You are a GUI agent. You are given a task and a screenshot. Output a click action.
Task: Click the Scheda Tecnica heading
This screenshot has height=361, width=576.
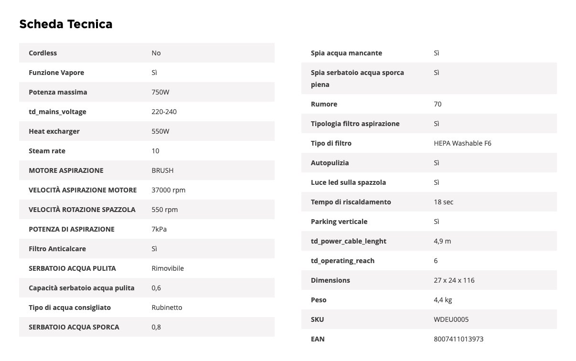coord(66,24)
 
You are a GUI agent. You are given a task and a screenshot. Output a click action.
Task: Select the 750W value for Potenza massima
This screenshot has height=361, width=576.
coord(160,92)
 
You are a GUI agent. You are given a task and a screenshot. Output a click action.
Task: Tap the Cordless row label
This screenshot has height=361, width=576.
coord(43,53)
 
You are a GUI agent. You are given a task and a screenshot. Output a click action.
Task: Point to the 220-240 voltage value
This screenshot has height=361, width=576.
coord(164,112)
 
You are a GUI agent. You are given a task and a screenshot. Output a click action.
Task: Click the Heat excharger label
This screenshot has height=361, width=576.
coord(54,131)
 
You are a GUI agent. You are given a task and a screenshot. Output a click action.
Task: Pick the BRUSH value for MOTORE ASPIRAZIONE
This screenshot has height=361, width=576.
coord(162,170)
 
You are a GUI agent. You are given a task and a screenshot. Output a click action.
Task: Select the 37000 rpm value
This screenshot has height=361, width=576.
coord(168,190)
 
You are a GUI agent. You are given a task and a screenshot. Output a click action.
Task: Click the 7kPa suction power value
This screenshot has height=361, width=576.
coord(159,229)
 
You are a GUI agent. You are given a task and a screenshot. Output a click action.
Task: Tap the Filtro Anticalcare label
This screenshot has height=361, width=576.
coord(57,249)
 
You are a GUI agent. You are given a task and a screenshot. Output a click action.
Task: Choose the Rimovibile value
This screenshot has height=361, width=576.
coord(168,268)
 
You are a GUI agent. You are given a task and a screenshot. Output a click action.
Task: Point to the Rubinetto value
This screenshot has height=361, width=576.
coord(167,308)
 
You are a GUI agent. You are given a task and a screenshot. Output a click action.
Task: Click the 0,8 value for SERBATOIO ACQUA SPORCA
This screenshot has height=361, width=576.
coord(156,327)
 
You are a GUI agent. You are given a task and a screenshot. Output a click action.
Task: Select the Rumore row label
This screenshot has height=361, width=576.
coord(324,104)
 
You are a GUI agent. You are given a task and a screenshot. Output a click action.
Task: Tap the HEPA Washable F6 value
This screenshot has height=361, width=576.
coord(462,143)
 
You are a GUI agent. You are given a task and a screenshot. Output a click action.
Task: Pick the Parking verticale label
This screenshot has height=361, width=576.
coord(339,222)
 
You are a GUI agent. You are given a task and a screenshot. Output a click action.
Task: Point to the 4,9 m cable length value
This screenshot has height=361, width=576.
coord(442,241)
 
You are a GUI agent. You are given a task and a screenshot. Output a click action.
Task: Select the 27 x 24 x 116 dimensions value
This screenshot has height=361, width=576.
coord(454,280)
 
